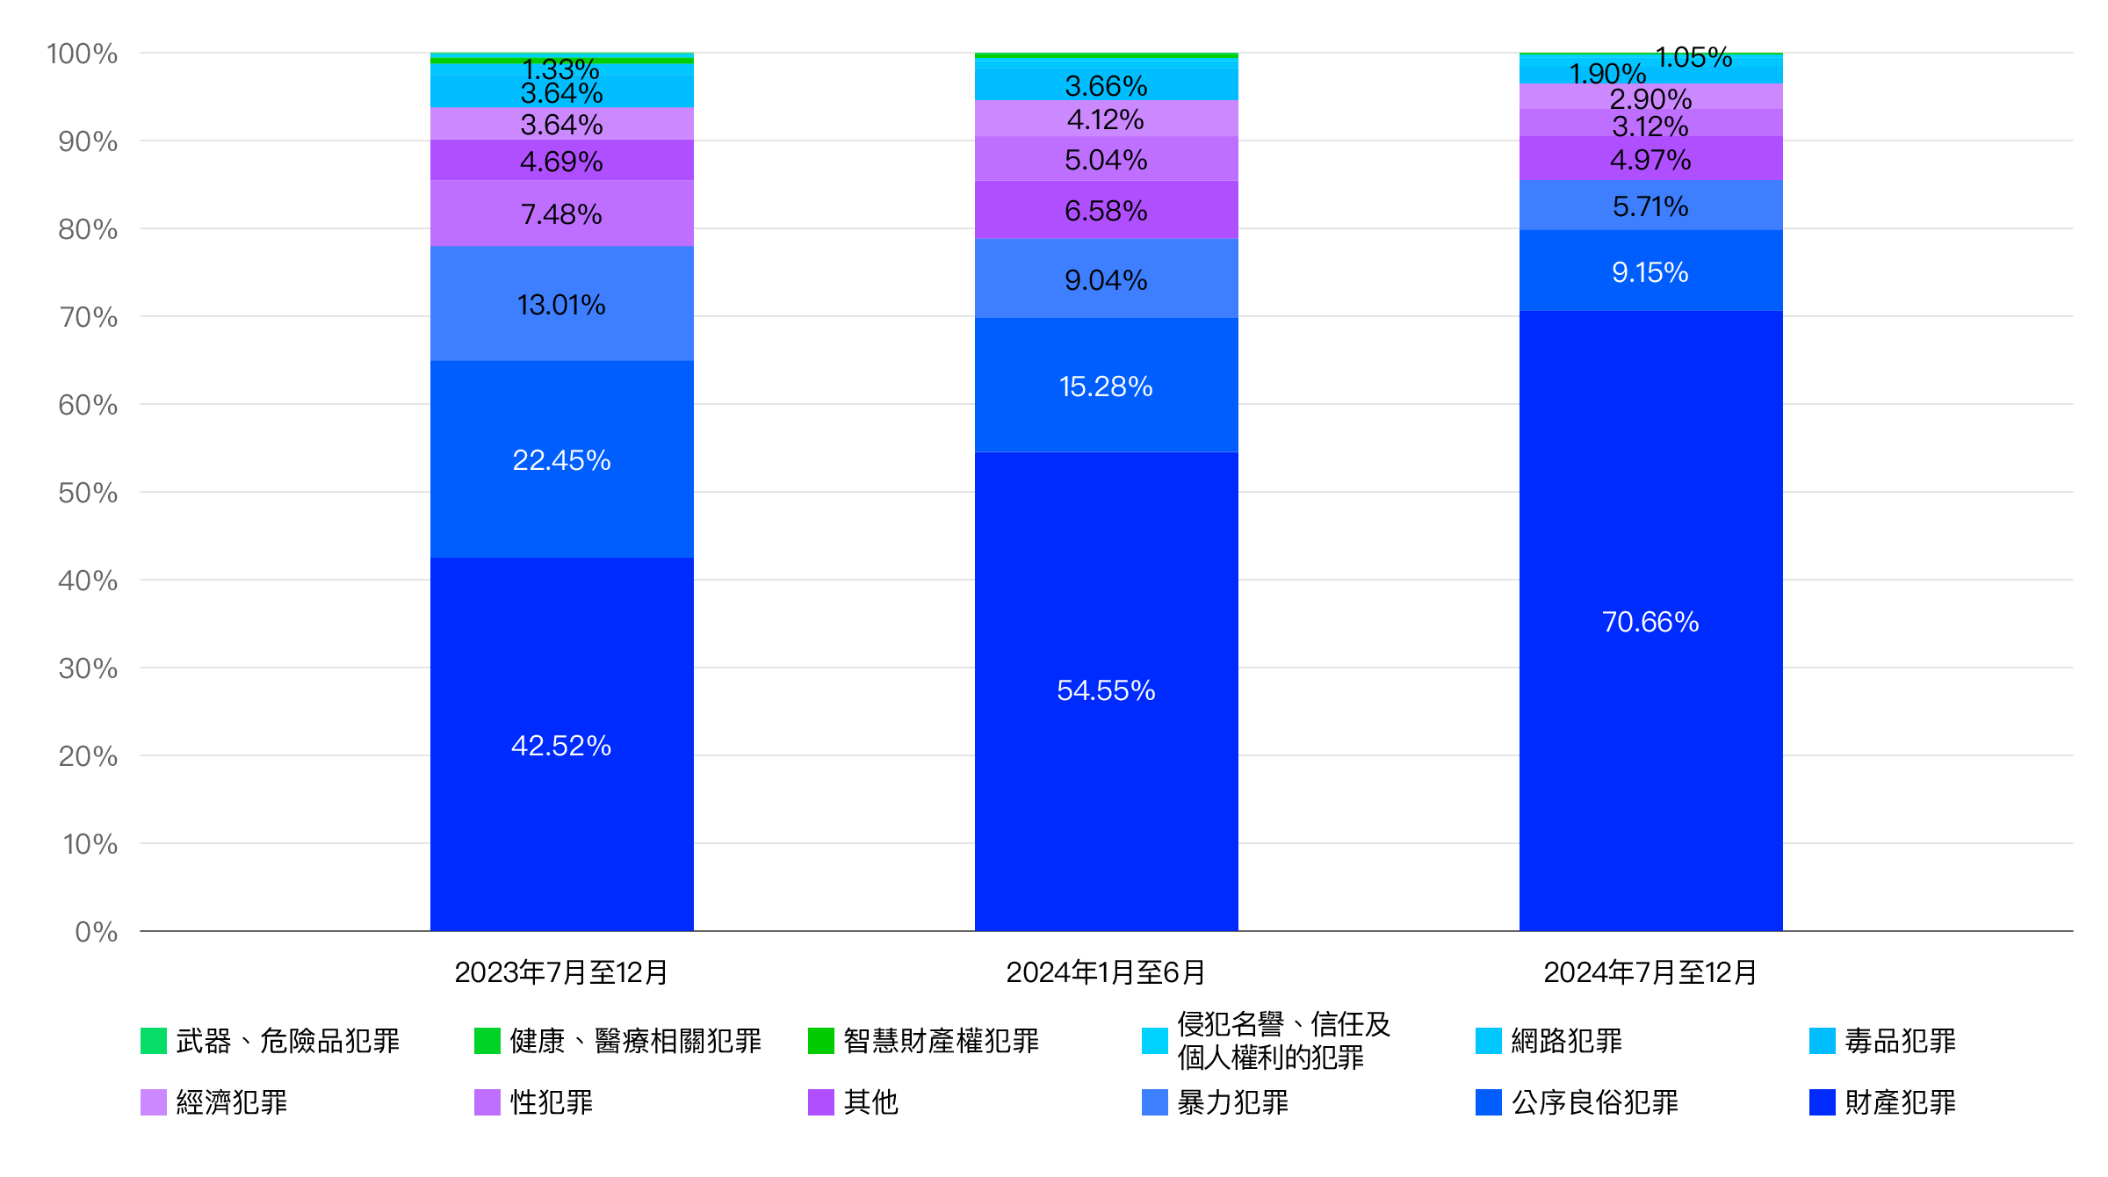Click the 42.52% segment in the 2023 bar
561,745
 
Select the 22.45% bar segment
561,459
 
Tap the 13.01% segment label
561,305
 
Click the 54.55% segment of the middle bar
1106,690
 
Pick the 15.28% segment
1106,386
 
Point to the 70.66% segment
1650,621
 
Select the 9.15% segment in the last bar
1650,272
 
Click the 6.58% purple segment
1106,211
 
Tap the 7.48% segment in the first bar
561,214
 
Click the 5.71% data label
1650,206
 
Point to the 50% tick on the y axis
88,493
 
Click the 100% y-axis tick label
83,54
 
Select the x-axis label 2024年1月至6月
1106,972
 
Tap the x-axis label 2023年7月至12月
561,972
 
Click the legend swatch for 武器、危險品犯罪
154,1041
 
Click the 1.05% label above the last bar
1693,58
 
